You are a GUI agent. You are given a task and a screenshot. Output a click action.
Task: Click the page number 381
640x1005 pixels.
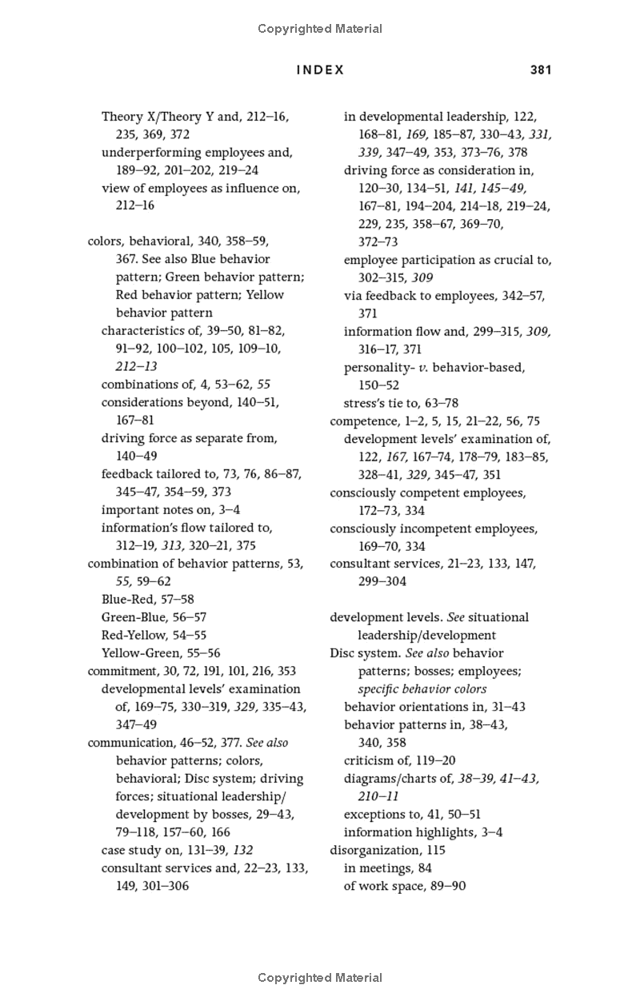pyautogui.click(x=541, y=70)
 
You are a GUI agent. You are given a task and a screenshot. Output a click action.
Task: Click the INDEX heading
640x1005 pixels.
pyautogui.click(x=320, y=70)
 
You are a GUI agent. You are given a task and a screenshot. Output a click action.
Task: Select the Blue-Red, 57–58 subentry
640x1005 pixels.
pyautogui.click(x=148, y=599)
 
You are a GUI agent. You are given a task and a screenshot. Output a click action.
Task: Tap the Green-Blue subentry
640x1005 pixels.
pyautogui.click(x=154, y=617)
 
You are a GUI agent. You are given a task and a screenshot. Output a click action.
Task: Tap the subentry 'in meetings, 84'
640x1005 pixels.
pyautogui.click(x=387, y=867)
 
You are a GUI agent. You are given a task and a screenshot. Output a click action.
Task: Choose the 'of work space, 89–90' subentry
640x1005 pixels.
pyautogui.click(x=405, y=886)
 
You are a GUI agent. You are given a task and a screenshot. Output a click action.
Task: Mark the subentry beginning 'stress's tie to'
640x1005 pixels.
pyautogui.click(x=401, y=403)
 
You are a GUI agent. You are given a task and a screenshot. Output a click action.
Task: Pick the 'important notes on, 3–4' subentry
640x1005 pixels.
pyautogui.click(x=170, y=509)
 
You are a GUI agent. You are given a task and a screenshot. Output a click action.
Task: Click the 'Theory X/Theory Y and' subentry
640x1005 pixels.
pyautogui.click(x=195, y=117)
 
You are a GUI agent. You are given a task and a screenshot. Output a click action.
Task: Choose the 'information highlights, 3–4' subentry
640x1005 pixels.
pyautogui.click(x=423, y=832)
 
